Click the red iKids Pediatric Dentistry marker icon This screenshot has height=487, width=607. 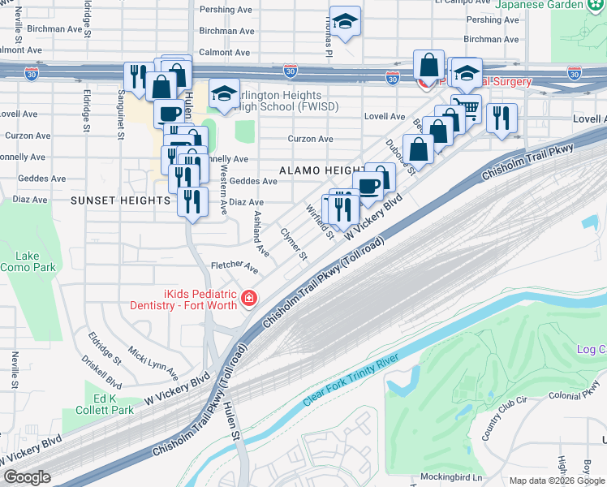pos(249,300)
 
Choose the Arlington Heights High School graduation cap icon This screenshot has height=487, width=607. pos(224,93)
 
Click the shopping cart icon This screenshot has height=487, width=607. pos(466,107)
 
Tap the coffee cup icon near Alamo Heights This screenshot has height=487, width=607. pos(368,187)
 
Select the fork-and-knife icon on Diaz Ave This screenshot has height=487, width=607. pos(192,200)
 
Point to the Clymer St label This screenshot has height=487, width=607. pos(293,243)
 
